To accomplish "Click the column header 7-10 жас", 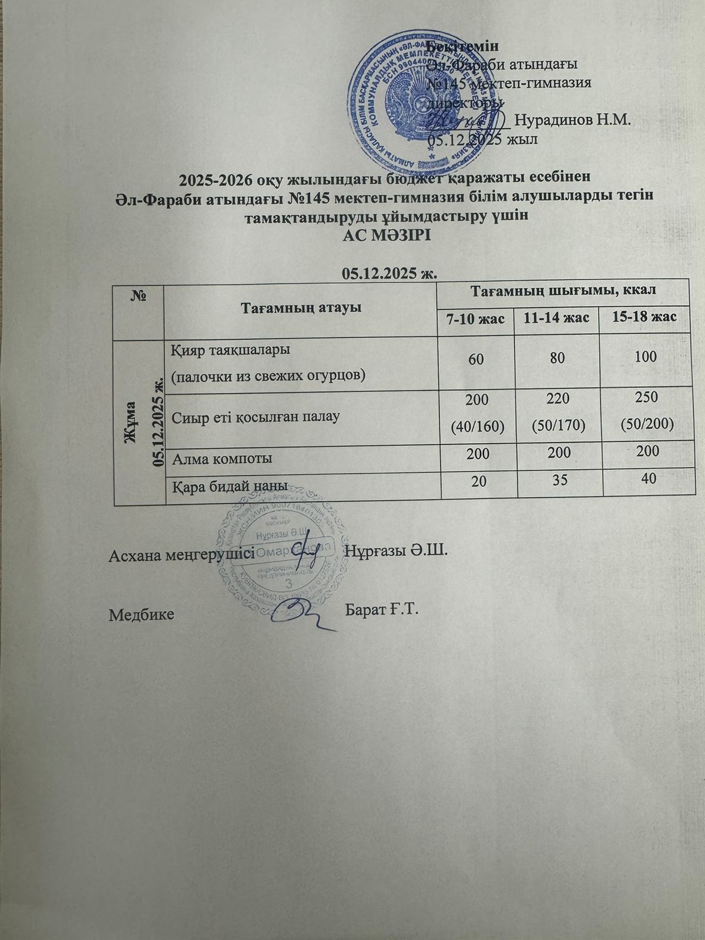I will [474, 318].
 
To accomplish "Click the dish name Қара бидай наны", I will [229, 486].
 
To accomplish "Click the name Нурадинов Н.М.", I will [572, 120].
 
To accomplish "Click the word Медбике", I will [142, 615].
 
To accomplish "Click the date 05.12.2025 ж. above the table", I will [391, 273].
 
